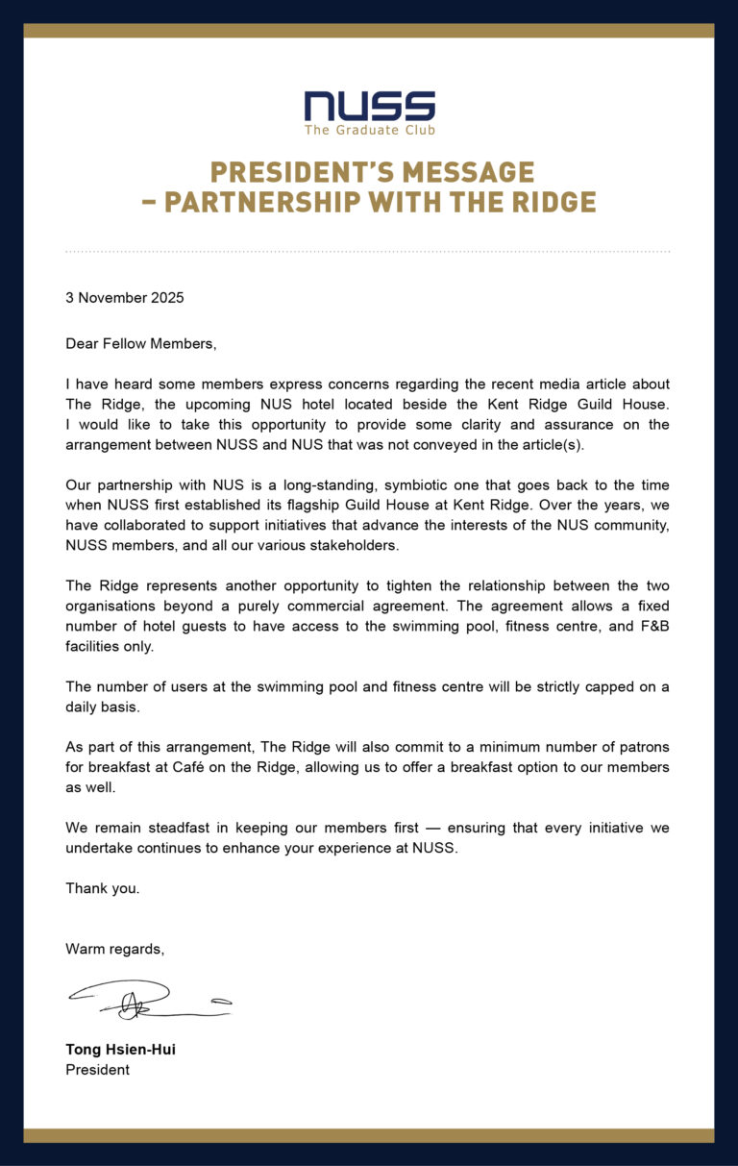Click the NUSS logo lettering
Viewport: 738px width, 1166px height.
tap(369, 106)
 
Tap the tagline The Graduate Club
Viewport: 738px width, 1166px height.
tap(369, 130)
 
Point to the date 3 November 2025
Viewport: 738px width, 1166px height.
tap(125, 298)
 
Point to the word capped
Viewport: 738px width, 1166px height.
tap(605, 686)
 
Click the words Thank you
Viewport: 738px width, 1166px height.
tap(102, 889)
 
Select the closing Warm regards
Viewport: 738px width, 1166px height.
tap(114, 950)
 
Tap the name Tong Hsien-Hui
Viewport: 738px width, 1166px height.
tap(120, 1050)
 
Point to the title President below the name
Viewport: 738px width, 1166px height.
tap(97, 1070)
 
